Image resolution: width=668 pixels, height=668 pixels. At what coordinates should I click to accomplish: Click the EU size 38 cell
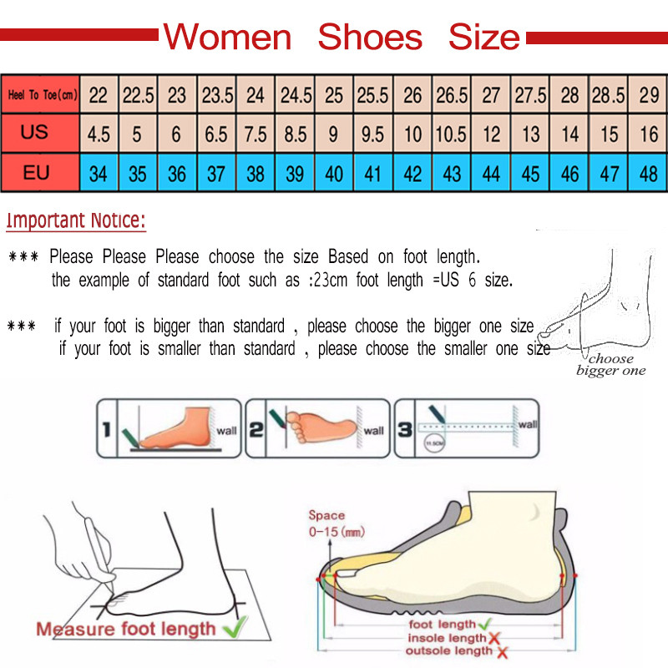(x=256, y=174)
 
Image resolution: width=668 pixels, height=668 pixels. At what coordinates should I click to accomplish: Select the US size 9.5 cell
(x=372, y=134)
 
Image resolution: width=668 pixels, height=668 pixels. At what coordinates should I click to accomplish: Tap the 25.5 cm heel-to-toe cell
(x=372, y=95)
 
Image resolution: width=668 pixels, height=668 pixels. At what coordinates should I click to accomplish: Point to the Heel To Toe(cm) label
(x=42, y=95)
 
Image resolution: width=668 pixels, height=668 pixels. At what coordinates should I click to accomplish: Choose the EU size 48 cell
(x=648, y=174)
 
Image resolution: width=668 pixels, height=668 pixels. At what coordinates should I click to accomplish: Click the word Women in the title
(x=227, y=38)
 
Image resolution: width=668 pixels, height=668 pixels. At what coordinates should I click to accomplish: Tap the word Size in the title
(x=483, y=38)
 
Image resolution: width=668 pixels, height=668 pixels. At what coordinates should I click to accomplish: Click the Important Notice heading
(x=76, y=221)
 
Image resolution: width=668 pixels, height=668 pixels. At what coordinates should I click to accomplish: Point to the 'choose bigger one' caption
(x=610, y=365)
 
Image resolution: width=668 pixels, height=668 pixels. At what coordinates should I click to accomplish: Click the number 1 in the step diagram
(x=106, y=431)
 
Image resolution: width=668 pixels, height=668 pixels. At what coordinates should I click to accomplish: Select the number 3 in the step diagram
(x=404, y=431)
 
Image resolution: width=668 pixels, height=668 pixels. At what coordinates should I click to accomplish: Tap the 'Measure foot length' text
(x=125, y=628)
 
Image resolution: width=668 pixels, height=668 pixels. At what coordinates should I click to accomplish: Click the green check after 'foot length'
(x=484, y=624)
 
